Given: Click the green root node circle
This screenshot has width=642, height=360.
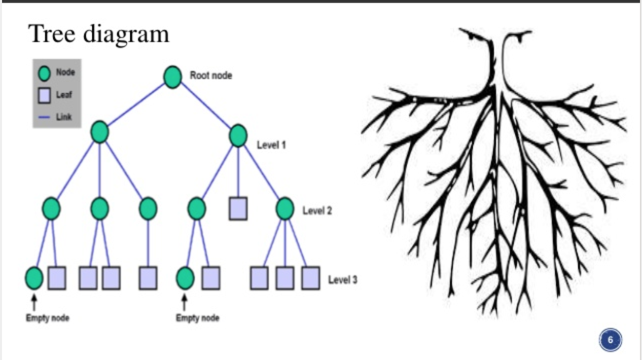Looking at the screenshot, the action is [172, 77].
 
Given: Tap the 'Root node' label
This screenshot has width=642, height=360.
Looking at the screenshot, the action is [211, 76].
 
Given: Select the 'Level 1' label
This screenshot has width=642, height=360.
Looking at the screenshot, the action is [271, 145].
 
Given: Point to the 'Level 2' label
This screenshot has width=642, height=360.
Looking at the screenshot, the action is [317, 210].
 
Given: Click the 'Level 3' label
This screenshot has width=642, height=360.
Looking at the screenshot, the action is [343, 279].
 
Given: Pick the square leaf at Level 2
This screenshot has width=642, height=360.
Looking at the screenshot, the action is [238, 209].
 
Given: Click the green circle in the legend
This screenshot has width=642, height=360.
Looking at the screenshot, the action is [45, 74].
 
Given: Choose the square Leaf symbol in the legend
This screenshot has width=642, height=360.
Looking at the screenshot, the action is [45, 95].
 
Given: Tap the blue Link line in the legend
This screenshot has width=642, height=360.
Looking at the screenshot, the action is [44, 117].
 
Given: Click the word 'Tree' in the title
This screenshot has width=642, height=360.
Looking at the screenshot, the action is [52, 34].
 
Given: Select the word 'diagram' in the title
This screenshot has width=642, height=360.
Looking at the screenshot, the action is [126, 35].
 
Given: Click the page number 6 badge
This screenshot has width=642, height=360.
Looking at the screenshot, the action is [610, 340].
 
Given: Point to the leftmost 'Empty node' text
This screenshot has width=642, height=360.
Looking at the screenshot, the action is [48, 318].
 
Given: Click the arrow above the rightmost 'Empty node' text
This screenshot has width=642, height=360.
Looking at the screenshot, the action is [185, 303].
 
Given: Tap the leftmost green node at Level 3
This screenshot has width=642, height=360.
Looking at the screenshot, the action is [34, 278].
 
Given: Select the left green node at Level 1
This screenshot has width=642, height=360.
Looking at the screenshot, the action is [100, 132].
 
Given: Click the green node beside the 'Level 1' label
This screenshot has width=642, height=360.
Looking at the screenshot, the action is [238, 136].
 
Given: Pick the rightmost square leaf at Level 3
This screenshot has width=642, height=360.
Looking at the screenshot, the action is [311, 278].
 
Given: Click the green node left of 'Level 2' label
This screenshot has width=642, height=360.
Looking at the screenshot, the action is [285, 209].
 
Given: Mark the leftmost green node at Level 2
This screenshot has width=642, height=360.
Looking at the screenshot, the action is [51, 209].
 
